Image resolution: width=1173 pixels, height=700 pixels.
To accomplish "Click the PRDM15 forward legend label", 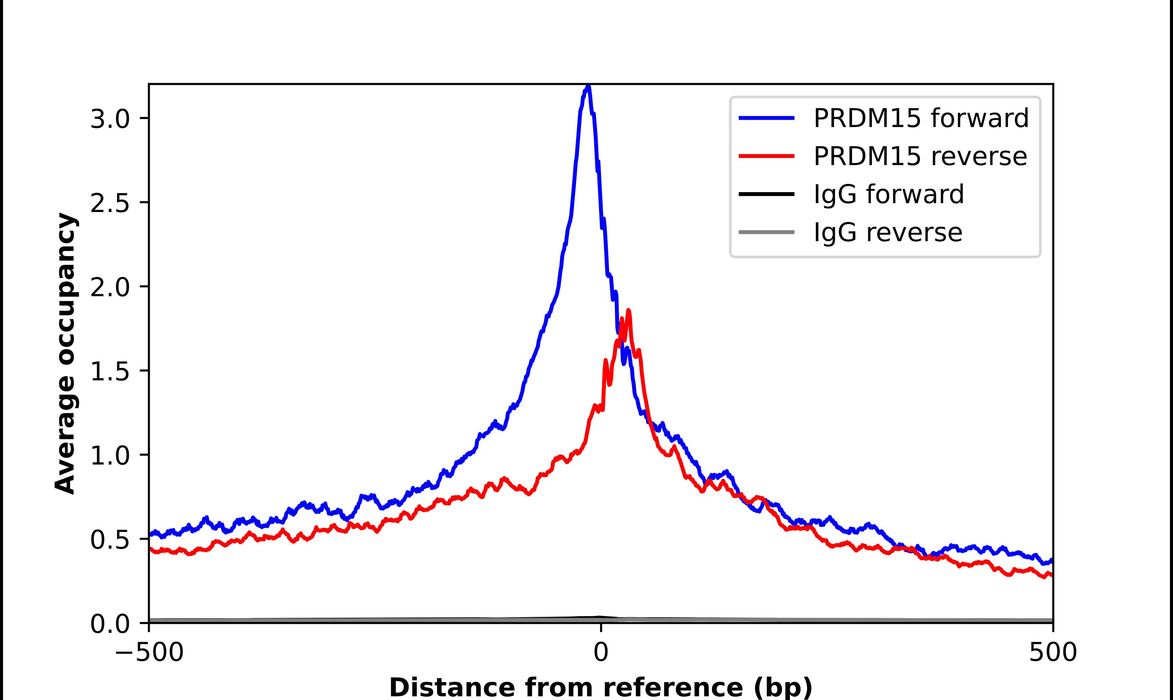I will pyautogui.click(x=921, y=118).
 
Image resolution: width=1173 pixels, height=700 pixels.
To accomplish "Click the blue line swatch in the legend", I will pyautogui.click(x=766, y=118).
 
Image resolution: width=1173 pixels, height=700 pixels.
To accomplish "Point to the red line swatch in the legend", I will pyautogui.click(x=766, y=156).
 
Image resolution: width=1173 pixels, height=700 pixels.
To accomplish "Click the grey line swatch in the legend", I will pyautogui.click(x=766, y=232).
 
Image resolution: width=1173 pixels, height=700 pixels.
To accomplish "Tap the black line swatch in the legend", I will pyautogui.click(x=766, y=194).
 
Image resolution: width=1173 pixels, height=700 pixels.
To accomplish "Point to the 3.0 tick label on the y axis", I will pyautogui.click(x=110, y=119).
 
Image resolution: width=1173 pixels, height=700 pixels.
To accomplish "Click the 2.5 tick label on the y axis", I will pyautogui.click(x=110, y=203).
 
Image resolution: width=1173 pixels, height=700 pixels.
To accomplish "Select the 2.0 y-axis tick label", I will pyautogui.click(x=110, y=287).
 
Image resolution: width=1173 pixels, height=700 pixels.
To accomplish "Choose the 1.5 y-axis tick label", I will pyautogui.click(x=110, y=372).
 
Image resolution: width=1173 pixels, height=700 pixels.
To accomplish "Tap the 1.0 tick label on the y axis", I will pyautogui.click(x=110, y=456).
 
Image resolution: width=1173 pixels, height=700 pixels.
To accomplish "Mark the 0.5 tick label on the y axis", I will pyautogui.click(x=110, y=540).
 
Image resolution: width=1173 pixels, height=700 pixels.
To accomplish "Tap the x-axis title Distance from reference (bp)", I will pyautogui.click(x=600, y=687).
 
